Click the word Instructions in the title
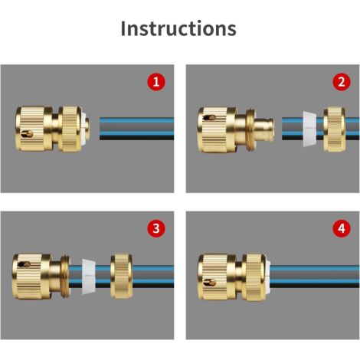[178, 28]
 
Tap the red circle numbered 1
[156, 82]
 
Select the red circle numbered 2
[342, 82]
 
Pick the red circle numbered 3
[156, 228]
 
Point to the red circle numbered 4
[342, 228]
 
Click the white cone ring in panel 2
[309, 129]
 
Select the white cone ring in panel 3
[89, 277]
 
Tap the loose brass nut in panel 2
[335, 129]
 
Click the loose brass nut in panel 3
[122, 276]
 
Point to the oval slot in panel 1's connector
[27, 133]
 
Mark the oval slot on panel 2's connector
[210, 118]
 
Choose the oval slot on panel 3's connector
[24, 264]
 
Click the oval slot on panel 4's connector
[210, 282]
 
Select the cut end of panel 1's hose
[100, 129]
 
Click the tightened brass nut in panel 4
[254, 277]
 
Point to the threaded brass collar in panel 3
[65, 277]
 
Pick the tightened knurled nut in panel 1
[70, 129]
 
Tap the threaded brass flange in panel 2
[250, 129]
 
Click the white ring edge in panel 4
[268, 277]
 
